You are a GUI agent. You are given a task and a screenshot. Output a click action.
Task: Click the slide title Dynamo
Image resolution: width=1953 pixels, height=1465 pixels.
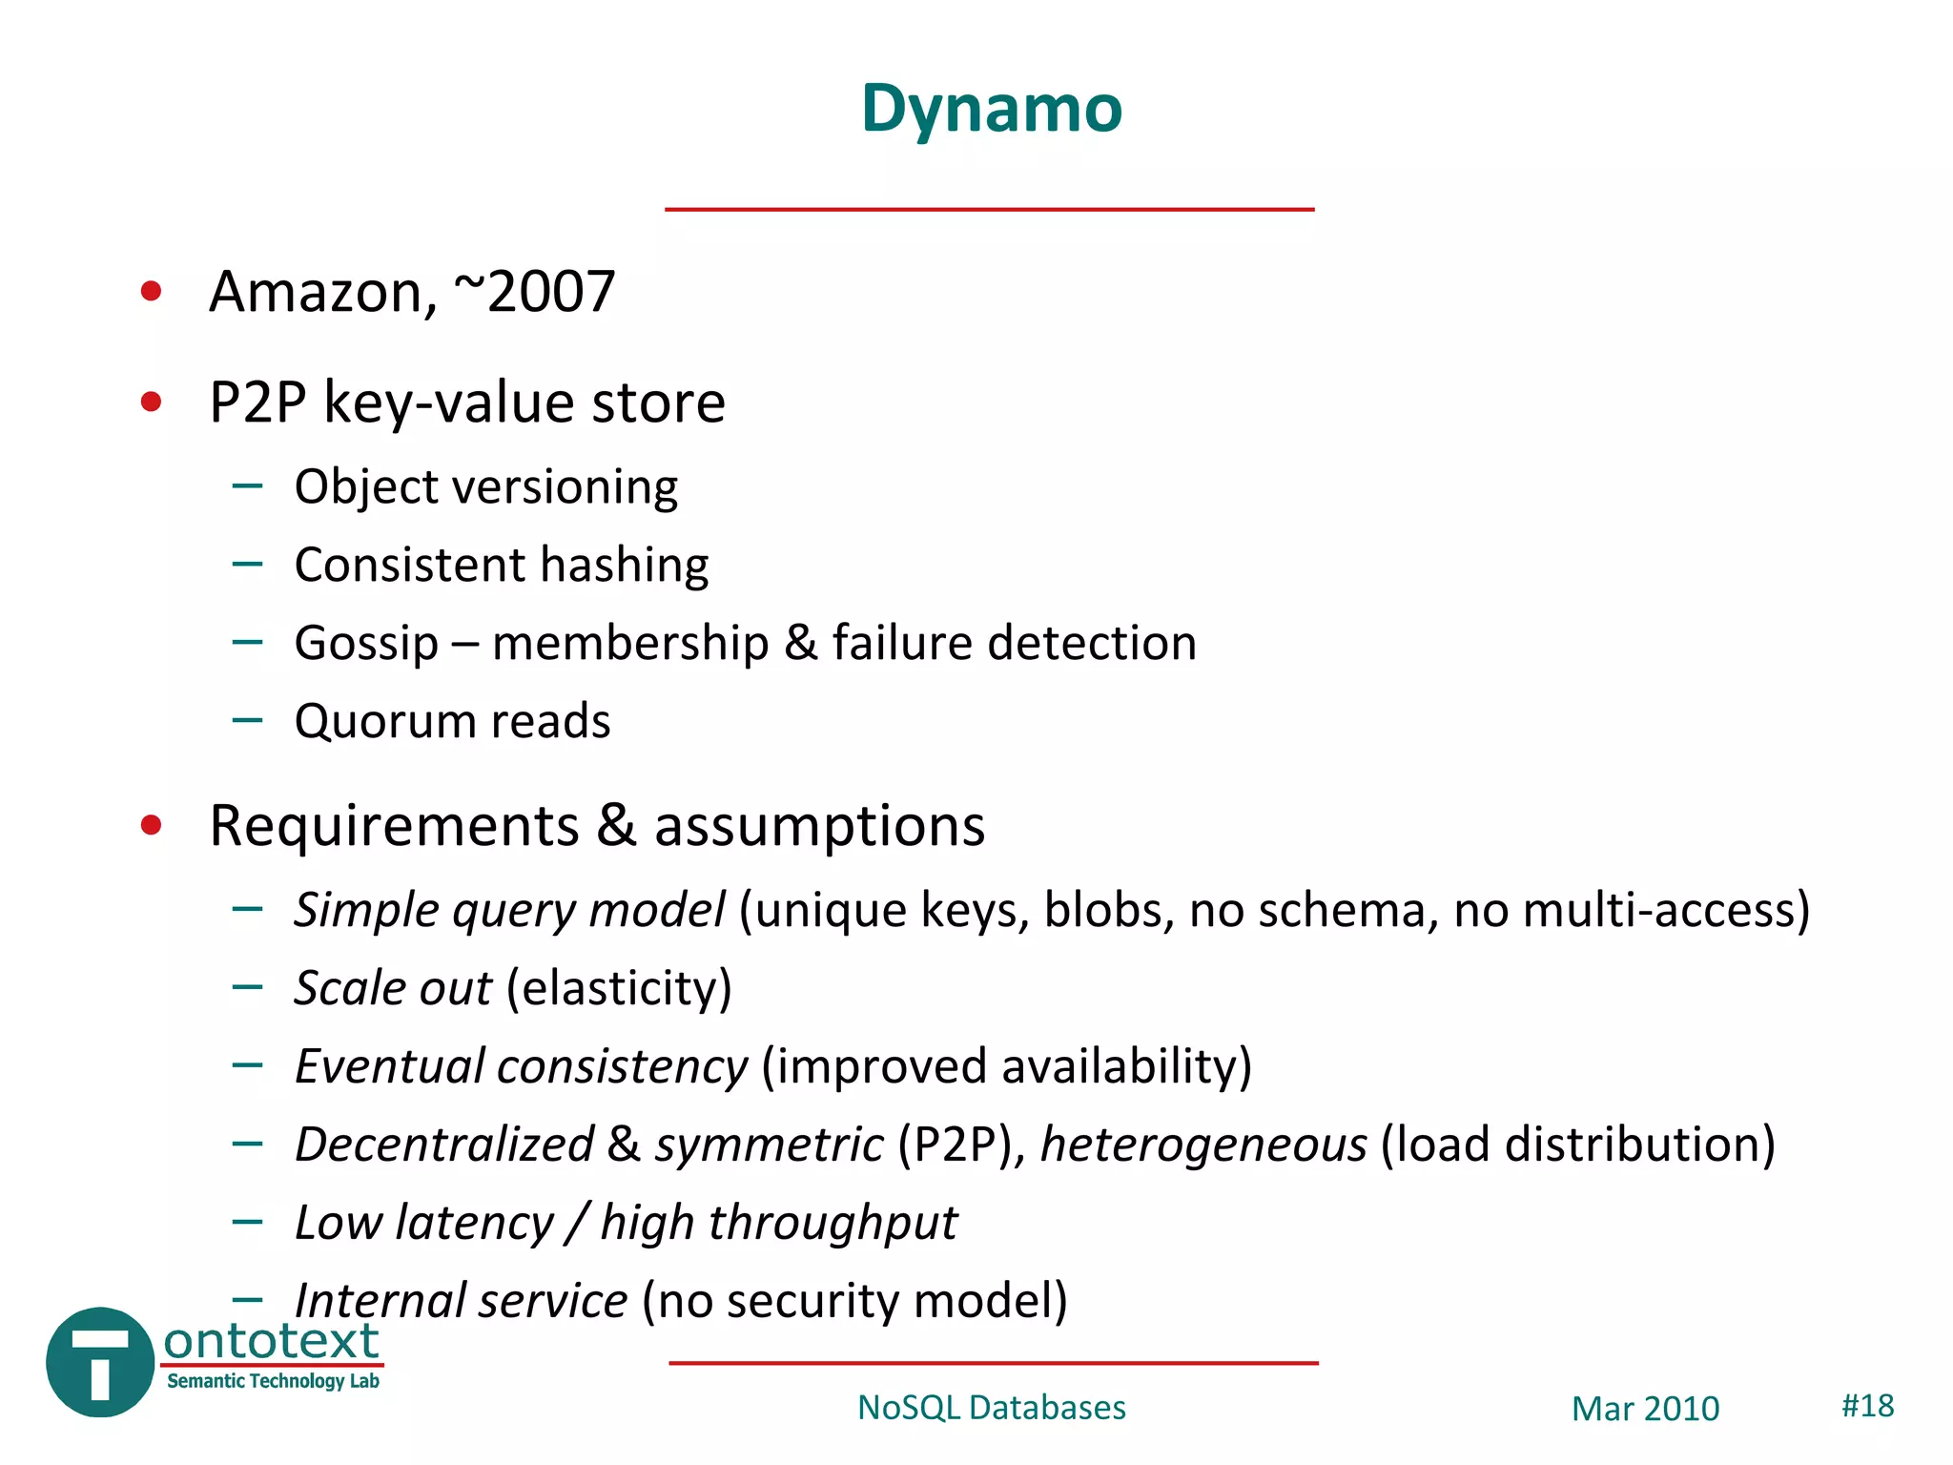click(x=991, y=109)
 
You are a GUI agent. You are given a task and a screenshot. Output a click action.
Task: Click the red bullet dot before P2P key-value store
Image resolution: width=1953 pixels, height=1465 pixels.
click(x=151, y=402)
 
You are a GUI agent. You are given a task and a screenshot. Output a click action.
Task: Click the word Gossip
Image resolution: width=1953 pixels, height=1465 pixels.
click(x=366, y=644)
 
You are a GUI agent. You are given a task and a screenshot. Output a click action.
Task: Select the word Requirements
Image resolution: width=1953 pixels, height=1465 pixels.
click(x=394, y=826)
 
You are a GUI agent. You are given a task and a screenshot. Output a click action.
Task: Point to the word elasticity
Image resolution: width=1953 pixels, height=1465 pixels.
click(x=619, y=989)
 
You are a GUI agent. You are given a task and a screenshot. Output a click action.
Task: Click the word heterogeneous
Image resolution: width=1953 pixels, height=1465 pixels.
click(x=1203, y=1145)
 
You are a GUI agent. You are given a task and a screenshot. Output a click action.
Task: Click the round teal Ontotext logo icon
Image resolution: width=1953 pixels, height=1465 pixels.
click(x=99, y=1362)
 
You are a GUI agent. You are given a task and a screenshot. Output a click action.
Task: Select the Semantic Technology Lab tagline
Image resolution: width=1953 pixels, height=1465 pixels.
click(x=273, y=1381)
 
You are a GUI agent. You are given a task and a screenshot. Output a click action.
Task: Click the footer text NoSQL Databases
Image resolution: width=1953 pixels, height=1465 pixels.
click(x=991, y=1408)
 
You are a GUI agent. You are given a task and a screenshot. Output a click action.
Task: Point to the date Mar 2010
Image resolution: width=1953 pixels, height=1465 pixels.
click(x=1645, y=1409)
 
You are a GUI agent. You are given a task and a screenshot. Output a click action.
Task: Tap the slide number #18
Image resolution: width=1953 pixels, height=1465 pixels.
click(x=1867, y=1406)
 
